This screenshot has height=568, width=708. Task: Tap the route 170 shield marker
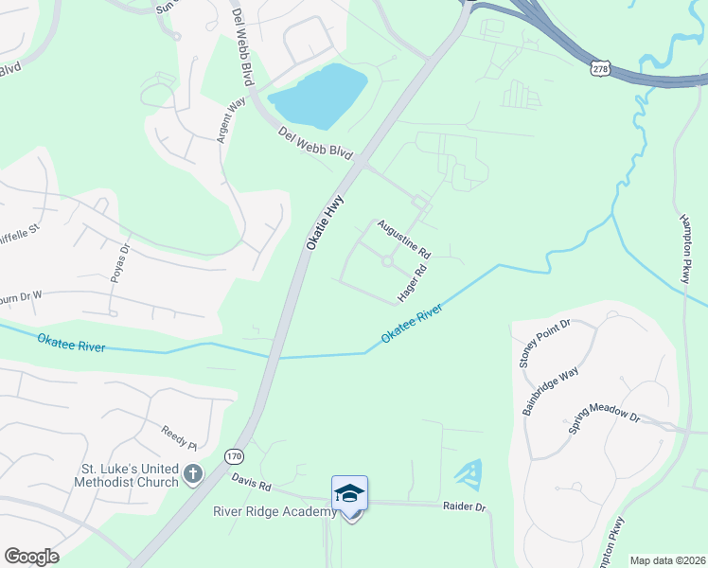234,457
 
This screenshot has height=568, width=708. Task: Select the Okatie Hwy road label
326,222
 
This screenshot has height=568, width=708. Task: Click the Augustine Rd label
404,240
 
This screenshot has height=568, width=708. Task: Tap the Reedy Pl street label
178,438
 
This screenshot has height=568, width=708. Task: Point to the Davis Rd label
251,482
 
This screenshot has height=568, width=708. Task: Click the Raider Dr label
464,507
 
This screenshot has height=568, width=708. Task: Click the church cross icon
193,473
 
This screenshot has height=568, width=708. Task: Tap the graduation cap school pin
349,494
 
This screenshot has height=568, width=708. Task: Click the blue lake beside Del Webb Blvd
318,97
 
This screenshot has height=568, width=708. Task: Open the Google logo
31,557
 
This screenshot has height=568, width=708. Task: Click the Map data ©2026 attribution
666,560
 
